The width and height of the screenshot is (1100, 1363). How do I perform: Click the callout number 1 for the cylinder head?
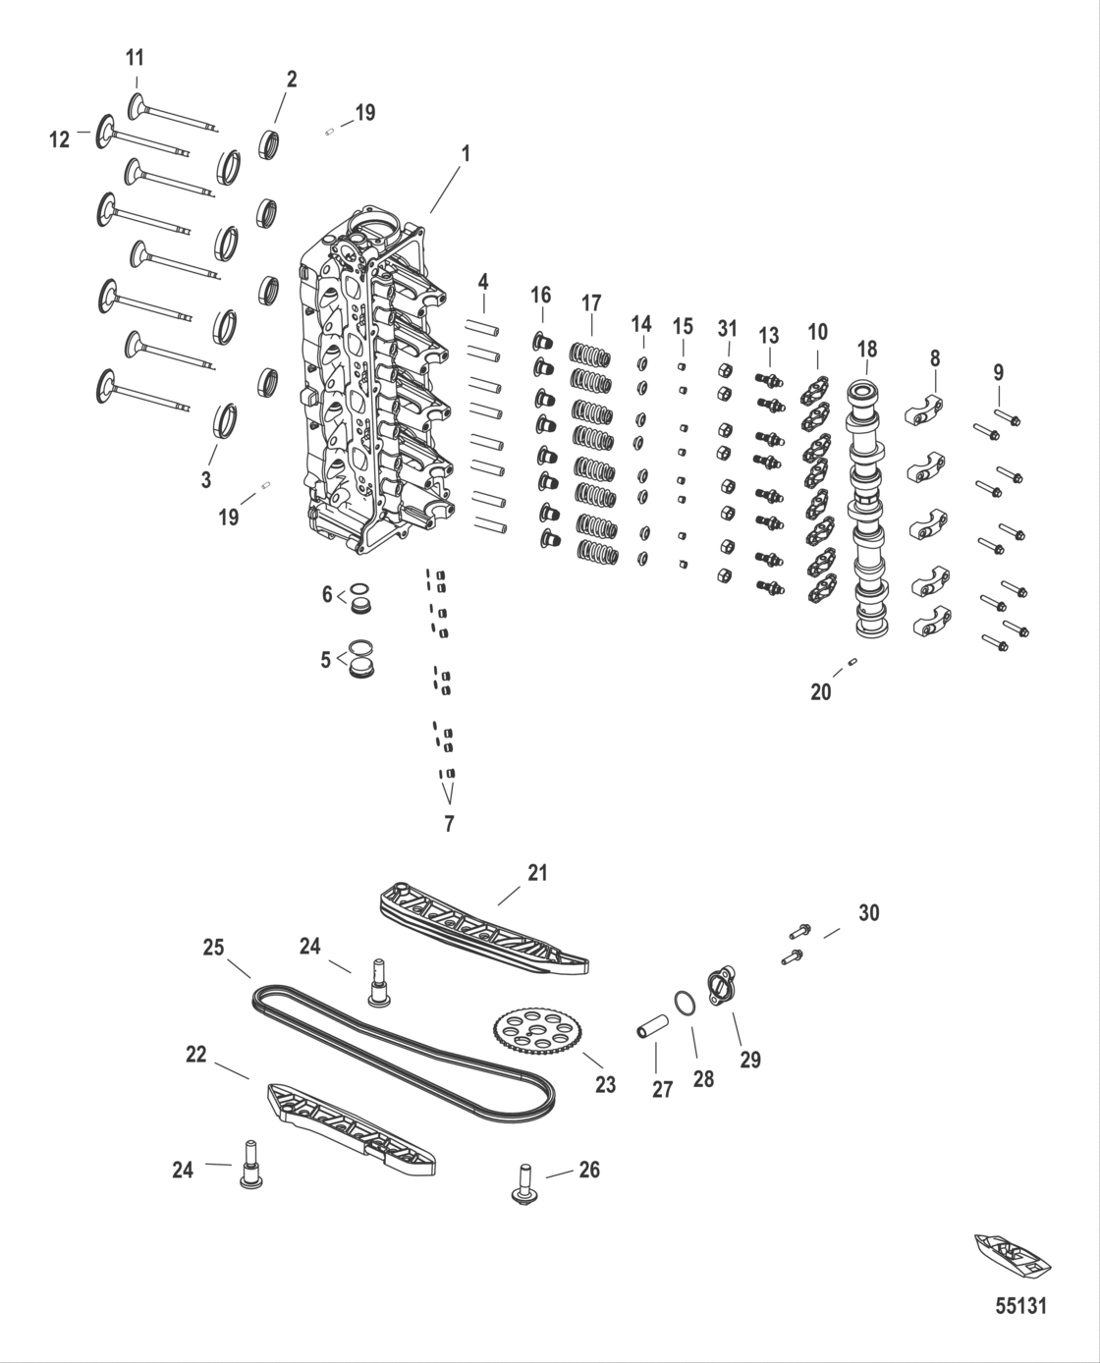[x=467, y=153]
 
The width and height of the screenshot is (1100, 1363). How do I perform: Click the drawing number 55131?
[x=1020, y=1307]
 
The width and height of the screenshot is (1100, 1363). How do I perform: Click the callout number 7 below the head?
[x=449, y=824]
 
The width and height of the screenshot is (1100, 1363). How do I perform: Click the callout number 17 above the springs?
[x=591, y=302]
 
